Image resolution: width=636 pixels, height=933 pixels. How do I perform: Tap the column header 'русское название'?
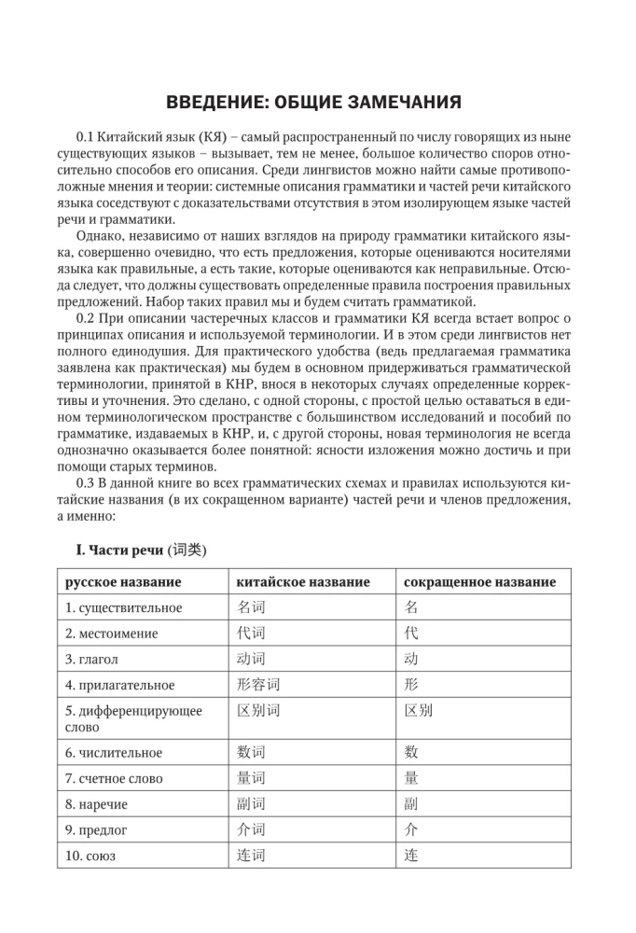(123, 582)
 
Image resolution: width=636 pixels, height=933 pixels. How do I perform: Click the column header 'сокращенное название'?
(479, 582)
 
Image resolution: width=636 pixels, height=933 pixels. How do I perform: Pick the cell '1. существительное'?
(124, 607)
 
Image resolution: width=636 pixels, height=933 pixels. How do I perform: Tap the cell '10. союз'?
(91, 855)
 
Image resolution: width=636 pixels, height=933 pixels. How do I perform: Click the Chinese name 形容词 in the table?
(258, 684)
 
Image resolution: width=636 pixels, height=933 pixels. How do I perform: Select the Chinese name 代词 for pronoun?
(252, 634)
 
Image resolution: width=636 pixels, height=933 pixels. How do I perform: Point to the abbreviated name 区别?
(419, 710)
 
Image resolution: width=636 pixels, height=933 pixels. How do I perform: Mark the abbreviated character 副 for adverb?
(411, 803)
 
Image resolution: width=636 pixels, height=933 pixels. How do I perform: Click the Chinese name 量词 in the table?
(252, 778)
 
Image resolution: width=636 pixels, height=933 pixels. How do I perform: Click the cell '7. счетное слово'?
(114, 778)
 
